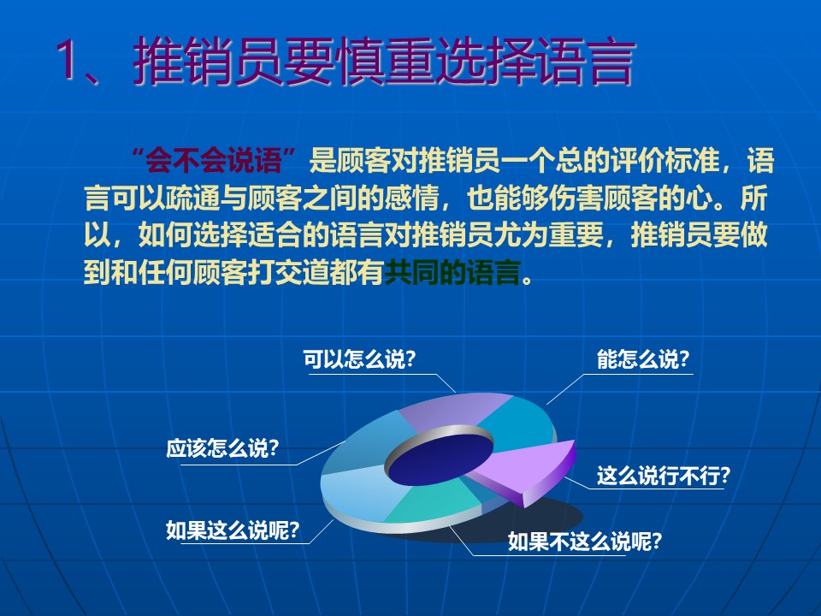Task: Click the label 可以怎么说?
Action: tap(359, 359)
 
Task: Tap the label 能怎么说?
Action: tap(643, 359)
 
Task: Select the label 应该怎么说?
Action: tap(222, 448)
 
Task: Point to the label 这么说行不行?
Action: tap(663, 476)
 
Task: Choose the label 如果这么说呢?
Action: tap(233, 530)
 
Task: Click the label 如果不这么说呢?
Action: tap(585, 541)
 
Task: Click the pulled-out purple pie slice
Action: tap(529, 469)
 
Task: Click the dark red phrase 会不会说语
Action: tap(214, 160)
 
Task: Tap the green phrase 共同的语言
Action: tap(452, 272)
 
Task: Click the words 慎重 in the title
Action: tap(385, 61)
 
